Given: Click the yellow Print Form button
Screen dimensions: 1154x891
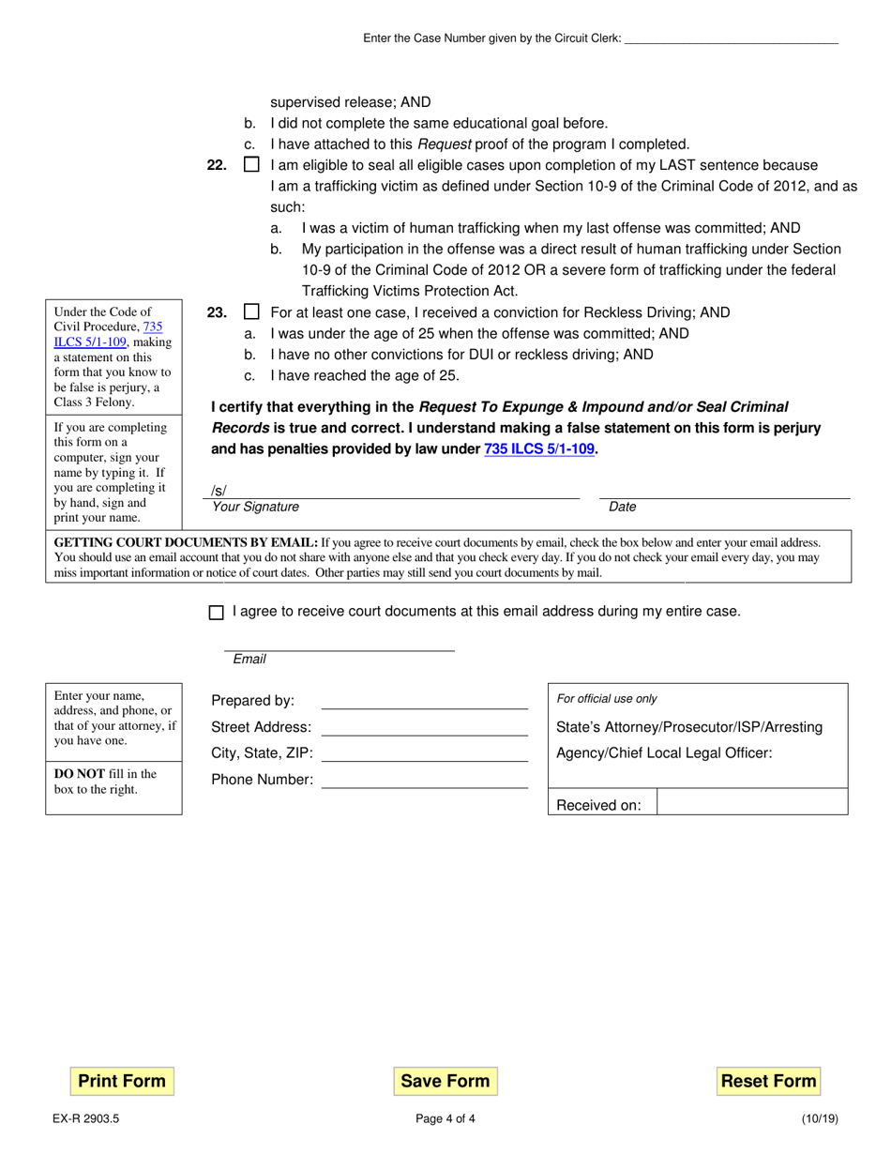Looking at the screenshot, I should pos(122,1081).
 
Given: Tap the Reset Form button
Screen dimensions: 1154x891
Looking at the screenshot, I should pos(768,1081).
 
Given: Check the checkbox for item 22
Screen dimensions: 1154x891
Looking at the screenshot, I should pos(251,165).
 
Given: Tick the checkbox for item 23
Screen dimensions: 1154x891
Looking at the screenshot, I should pos(251,312).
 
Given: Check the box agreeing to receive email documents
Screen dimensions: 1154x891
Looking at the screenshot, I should pos(217,613).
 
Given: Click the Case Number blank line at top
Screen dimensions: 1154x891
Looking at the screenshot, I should pos(731,38).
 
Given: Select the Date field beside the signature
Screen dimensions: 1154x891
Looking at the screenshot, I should pos(724,491).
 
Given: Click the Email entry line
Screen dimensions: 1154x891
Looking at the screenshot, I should pos(339,644).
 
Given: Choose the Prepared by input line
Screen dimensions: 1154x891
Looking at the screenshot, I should pos(425,701).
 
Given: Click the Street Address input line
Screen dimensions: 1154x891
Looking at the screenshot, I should pos(425,727).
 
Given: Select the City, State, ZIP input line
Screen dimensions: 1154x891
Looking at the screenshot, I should pos(425,753).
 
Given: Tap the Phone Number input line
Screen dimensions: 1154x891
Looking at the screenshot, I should pos(425,780).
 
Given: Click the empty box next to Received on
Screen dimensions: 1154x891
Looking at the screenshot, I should pos(752,802).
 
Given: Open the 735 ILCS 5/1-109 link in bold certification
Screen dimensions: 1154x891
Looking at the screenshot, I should pos(539,449).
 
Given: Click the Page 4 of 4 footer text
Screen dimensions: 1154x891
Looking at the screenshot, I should pos(445,1118).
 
